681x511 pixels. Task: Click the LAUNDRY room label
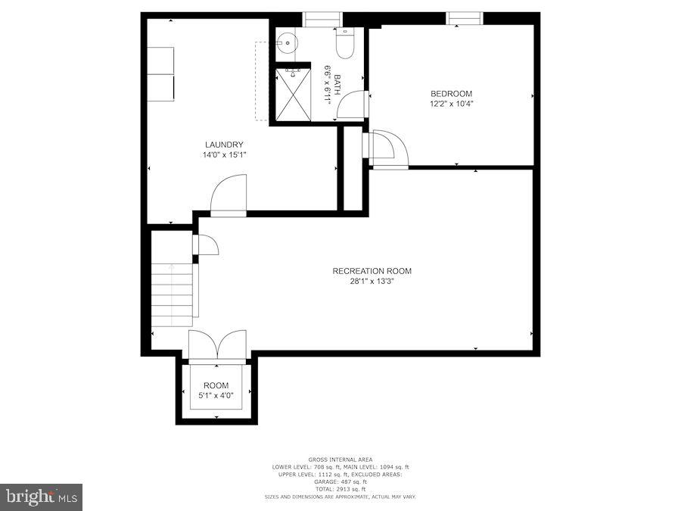coord(224,145)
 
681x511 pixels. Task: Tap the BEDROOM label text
coord(452,94)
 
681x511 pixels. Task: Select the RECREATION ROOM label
coord(372,271)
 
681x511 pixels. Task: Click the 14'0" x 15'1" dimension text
coord(224,154)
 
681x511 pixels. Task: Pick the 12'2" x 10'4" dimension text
coord(452,104)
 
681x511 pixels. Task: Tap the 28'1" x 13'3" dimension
coord(372,281)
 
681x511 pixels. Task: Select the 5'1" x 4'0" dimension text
coord(216,395)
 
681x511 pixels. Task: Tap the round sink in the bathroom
coord(287,44)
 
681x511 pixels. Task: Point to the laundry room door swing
coord(229,195)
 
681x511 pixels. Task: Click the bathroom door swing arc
coord(350,105)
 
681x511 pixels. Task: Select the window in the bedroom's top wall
coord(464,18)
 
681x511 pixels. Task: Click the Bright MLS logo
coord(42,497)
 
